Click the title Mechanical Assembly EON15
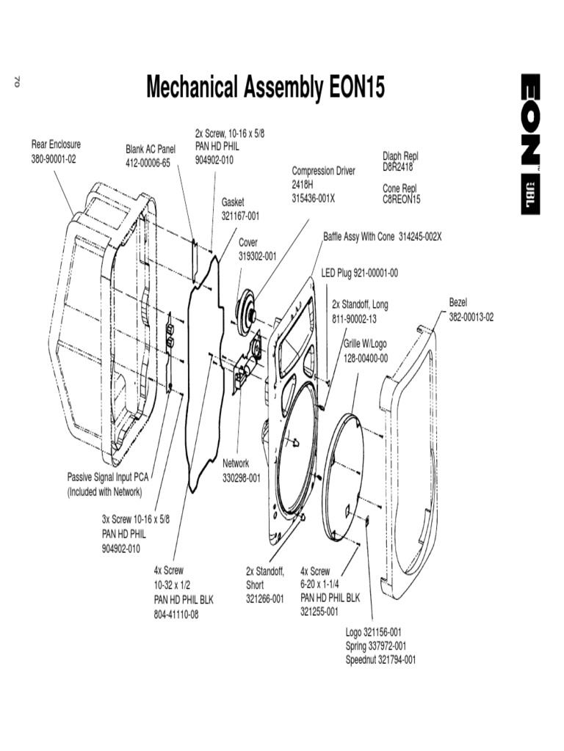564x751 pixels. point(265,89)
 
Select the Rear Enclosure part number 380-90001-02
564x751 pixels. point(54,159)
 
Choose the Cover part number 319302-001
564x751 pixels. point(257,256)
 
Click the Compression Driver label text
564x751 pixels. point(323,171)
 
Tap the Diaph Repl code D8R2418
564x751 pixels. point(398,166)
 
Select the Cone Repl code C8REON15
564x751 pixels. point(401,199)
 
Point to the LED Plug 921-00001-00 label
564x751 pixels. point(359,273)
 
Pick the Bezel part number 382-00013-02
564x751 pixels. point(471,317)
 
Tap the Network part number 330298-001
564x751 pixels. point(242,477)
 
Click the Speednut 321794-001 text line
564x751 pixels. point(380,659)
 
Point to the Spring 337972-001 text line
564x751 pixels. point(375,645)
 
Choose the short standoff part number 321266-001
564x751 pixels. point(264,599)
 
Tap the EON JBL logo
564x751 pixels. point(532,144)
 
